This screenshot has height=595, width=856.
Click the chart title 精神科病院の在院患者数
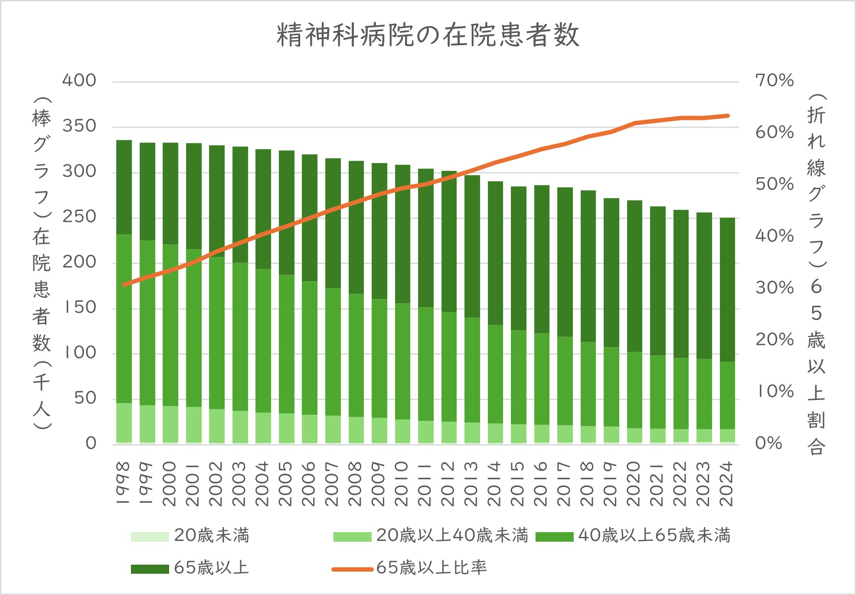[x=428, y=35]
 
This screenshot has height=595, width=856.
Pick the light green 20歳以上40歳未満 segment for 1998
[x=124, y=423]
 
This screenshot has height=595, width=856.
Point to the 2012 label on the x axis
[x=449, y=484]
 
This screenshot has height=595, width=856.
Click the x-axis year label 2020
[x=634, y=484]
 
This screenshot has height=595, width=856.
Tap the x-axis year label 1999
[x=147, y=484]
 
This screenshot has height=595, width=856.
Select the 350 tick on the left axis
[x=79, y=126]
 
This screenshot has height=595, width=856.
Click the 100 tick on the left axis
[x=80, y=353]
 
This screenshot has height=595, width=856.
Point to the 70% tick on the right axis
[x=774, y=81]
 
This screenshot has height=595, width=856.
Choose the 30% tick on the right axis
[x=774, y=288]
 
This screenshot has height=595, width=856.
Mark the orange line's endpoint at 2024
[x=728, y=116]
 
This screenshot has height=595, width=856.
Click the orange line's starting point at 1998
[x=124, y=285]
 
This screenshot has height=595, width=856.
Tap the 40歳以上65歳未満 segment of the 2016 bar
[x=542, y=379]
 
